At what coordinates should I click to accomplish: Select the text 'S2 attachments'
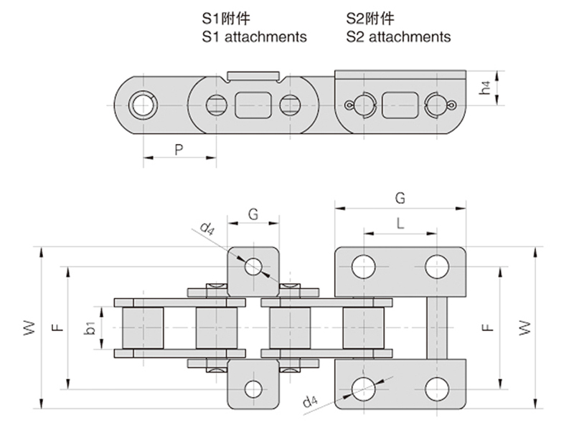point(398,36)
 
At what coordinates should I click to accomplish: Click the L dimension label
point(400,223)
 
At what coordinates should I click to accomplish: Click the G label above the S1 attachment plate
point(253,214)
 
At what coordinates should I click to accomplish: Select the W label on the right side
point(526,328)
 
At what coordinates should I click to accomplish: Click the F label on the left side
point(58,328)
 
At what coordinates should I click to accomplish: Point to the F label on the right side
point(487,328)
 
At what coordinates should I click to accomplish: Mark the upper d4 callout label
point(207,229)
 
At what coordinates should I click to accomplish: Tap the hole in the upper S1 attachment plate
point(253,267)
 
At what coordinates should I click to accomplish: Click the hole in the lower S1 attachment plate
point(253,388)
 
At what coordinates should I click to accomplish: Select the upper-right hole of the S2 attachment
point(436,267)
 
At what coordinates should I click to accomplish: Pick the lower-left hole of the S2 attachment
point(362,388)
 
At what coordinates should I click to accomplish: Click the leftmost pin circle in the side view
point(141,105)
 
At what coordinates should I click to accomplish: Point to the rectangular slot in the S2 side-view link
point(397,104)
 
